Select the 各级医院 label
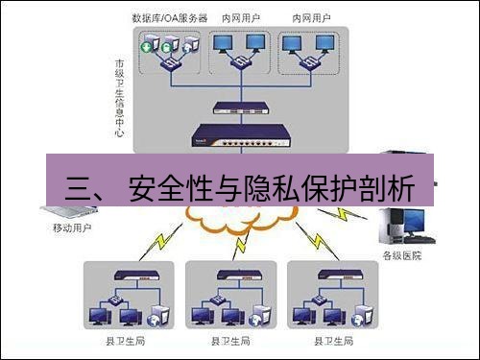(401, 255)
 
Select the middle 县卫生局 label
(229, 340)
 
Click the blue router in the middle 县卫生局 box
(229, 279)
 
